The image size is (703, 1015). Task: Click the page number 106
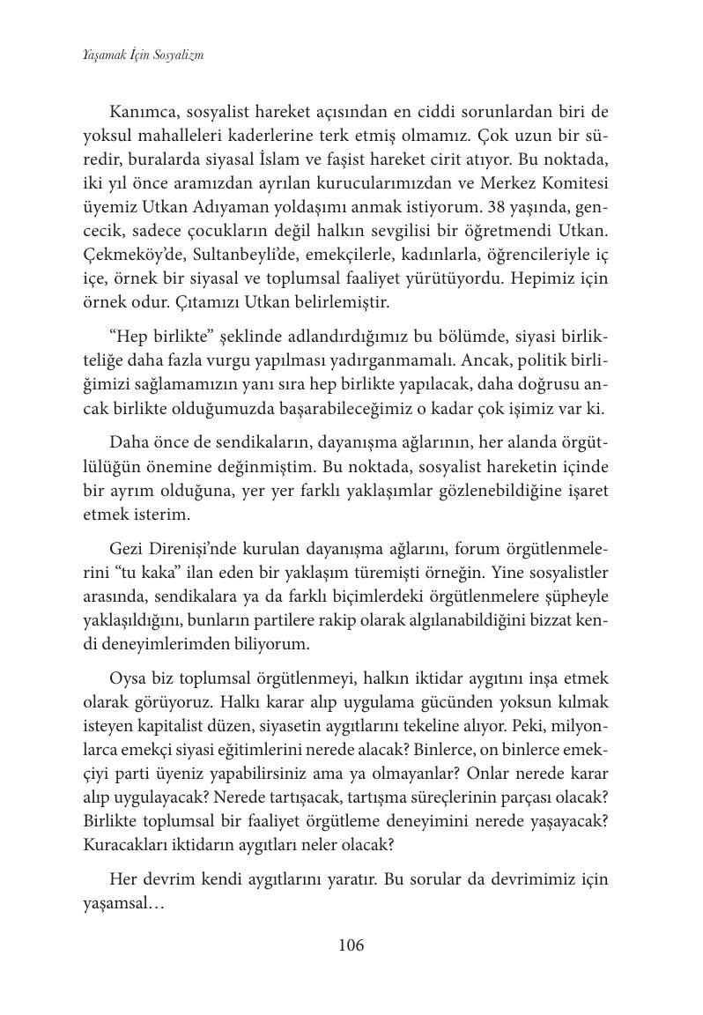click(351, 945)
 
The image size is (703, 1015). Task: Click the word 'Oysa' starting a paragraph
click(129, 679)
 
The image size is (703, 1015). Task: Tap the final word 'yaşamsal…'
click(129, 903)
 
